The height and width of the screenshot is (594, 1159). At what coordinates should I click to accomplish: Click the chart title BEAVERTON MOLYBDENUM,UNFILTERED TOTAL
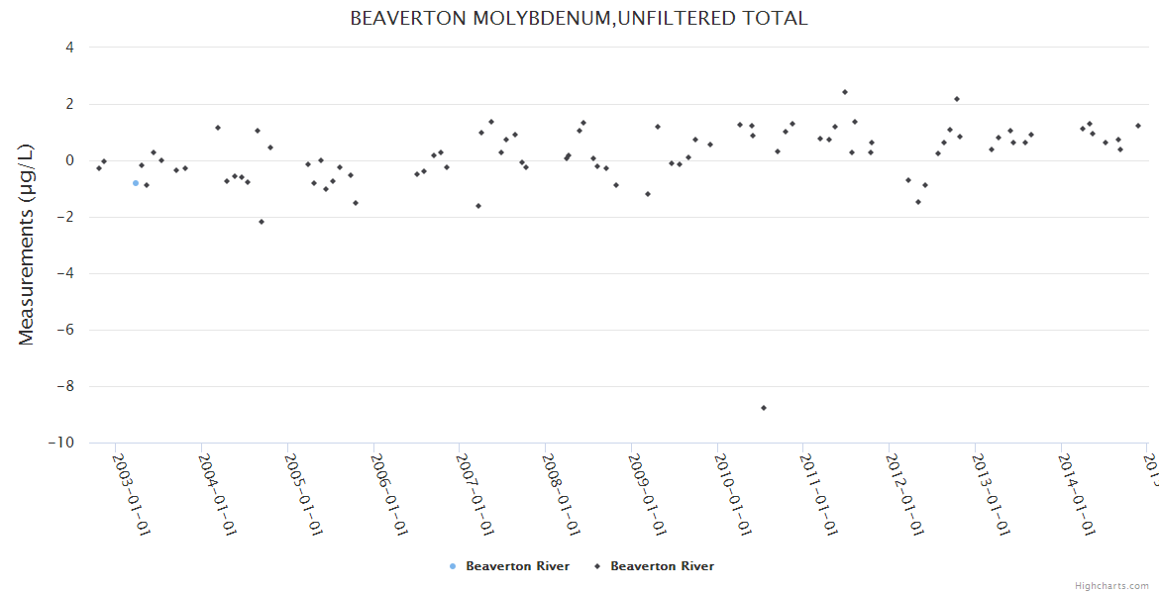click(579, 18)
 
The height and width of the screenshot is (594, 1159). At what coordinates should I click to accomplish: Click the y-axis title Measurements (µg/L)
click(27, 244)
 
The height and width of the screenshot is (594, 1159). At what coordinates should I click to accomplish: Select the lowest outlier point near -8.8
click(764, 408)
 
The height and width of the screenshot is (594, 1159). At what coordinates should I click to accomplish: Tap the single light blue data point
click(136, 183)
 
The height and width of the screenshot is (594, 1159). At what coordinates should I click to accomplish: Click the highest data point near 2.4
click(845, 92)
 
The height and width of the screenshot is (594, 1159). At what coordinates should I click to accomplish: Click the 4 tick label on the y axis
click(69, 48)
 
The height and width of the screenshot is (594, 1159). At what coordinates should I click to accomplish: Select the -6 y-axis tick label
click(65, 330)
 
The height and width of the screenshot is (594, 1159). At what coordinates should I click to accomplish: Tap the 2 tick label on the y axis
click(69, 104)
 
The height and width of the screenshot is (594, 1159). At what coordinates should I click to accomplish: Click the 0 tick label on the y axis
click(69, 160)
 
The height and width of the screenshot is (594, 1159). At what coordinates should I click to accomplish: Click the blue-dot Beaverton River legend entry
click(510, 566)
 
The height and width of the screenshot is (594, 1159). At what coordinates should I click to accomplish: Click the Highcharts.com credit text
click(1111, 586)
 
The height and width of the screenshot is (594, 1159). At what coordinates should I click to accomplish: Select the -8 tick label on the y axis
click(65, 386)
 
